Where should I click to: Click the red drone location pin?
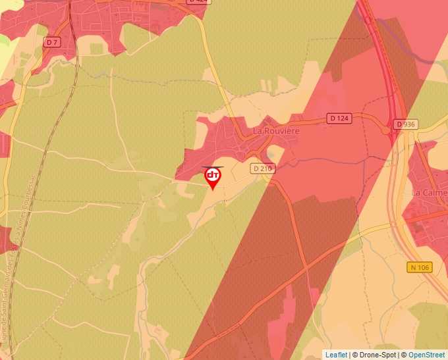[213, 177]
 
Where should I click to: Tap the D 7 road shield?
[52, 41]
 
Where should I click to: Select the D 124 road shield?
[339, 118]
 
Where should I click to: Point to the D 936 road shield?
[406, 124]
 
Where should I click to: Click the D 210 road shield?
[262, 168]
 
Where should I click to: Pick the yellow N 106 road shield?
[420, 267]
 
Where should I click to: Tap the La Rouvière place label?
[276, 131]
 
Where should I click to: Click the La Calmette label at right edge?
[429, 192]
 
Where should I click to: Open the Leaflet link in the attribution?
[336, 355]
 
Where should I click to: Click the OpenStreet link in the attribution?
[426, 355]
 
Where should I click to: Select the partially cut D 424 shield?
[197, 1]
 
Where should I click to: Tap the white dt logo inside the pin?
[213, 175]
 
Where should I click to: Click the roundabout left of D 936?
[387, 128]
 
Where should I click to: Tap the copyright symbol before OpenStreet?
[403, 355]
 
